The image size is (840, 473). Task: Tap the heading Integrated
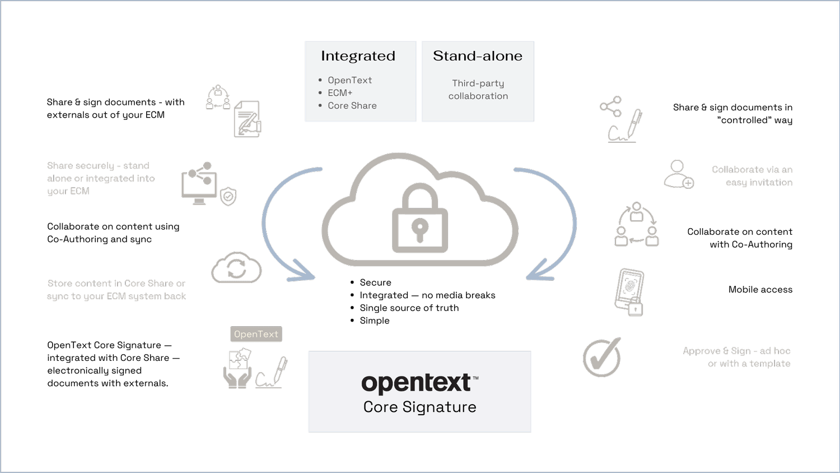tap(358, 56)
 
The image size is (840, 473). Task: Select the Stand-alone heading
tap(477, 56)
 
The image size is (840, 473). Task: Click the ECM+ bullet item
tap(340, 93)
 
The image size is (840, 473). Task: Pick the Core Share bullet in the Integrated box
tap(352, 106)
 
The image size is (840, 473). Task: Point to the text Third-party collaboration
tap(478, 90)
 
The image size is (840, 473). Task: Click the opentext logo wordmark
tap(417, 383)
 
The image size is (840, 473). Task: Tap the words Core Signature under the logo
tap(419, 407)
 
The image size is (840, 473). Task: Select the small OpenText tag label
tap(256, 334)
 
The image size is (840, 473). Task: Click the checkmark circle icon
tap(602, 357)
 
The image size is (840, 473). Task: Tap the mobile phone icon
tap(630, 292)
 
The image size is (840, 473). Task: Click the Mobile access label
tap(760, 290)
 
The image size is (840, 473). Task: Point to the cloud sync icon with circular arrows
tap(236, 268)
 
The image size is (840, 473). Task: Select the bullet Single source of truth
tap(409, 308)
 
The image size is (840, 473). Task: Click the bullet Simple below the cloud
tap(374, 321)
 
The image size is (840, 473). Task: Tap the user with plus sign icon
tap(679, 175)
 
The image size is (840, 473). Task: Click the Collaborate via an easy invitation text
tap(752, 176)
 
